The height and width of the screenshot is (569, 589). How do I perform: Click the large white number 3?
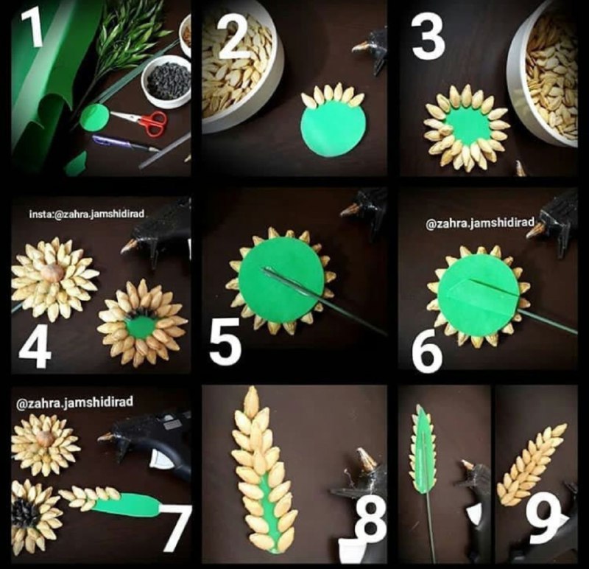(x=428, y=37)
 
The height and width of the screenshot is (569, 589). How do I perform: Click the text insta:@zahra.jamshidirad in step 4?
(x=86, y=214)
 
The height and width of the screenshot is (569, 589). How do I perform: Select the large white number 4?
(x=35, y=346)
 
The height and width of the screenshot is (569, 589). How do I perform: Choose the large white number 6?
(x=427, y=350)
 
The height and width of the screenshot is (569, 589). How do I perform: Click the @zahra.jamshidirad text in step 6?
(x=480, y=223)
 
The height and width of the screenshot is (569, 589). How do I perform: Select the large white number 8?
(x=370, y=519)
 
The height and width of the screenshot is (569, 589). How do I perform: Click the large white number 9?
(x=543, y=518)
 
